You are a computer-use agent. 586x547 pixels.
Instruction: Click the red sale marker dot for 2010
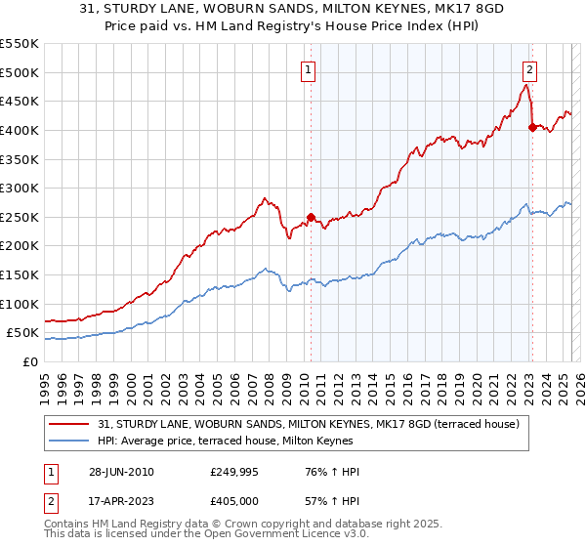tap(312, 217)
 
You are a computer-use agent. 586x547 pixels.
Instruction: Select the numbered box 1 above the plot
tap(308, 69)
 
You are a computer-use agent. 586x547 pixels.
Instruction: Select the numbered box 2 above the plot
tap(528, 69)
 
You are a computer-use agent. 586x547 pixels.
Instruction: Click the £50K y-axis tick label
tap(23, 333)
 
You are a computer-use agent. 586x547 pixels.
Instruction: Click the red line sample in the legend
tap(69, 423)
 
